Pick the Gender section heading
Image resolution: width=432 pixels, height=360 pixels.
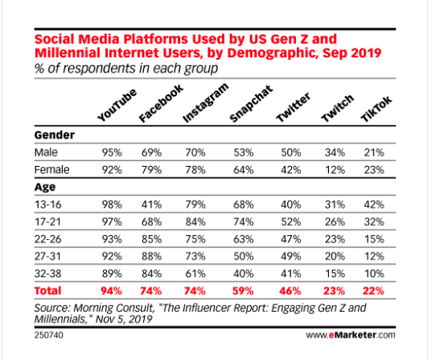tap(52, 135)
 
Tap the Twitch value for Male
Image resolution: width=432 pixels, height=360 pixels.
tap(326, 151)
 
